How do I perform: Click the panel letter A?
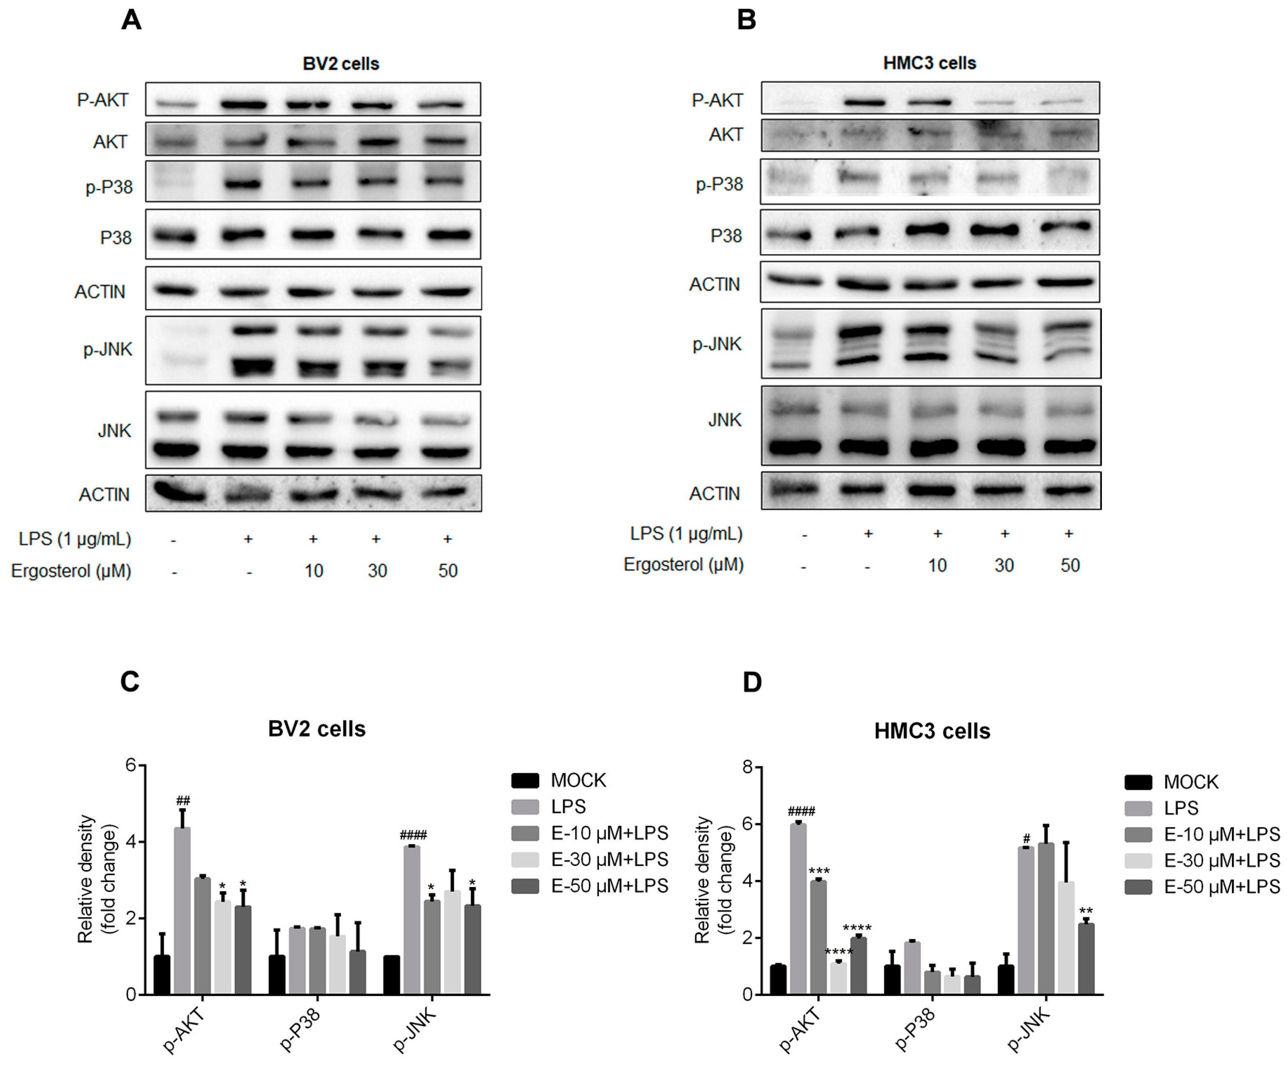point(131,20)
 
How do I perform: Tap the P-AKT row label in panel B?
point(717,100)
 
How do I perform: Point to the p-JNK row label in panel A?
point(108,349)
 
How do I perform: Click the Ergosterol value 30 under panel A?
point(377,571)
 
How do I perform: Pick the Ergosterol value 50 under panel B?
point(1069,565)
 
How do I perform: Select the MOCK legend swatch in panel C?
point(525,780)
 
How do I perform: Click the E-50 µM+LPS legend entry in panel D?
point(1222,886)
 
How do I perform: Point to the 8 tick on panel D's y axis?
point(747,767)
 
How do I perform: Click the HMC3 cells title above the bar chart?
point(932,731)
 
